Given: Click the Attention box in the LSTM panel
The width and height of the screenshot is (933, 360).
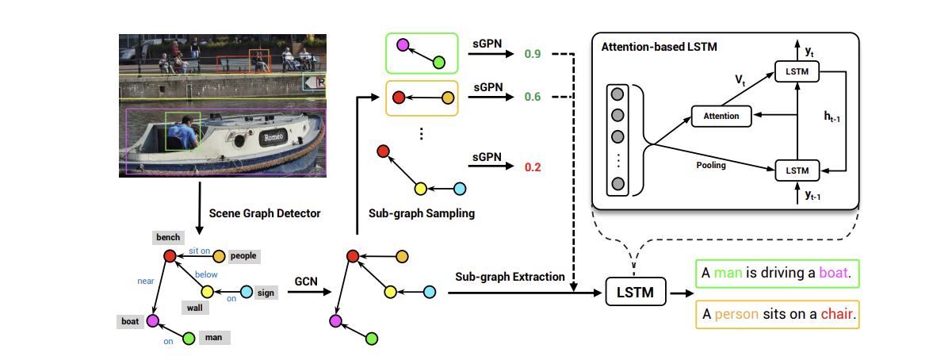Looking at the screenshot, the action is [721, 116].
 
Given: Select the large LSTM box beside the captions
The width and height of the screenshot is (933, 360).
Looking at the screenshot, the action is [636, 292].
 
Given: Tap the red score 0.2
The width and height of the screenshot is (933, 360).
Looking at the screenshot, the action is [533, 167].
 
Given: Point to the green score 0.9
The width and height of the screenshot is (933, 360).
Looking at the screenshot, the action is [533, 55].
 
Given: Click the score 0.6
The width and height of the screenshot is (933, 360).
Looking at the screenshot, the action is [533, 97].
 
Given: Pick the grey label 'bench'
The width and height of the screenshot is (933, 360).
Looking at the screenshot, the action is [168, 237].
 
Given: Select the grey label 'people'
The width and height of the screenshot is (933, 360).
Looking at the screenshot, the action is [243, 256].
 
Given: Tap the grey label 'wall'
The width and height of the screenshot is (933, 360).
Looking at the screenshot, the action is [194, 308].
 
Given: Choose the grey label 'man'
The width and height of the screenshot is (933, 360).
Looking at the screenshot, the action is [213, 338].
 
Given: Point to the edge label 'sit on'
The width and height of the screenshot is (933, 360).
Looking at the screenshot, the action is [199, 251].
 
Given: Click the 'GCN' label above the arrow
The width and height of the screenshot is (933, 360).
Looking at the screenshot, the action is [307, 280].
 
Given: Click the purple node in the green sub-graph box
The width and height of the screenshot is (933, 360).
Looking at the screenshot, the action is [403, 44].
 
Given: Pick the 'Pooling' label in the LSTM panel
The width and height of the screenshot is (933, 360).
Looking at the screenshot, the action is [710, 166].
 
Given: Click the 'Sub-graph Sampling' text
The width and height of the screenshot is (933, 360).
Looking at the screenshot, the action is [422, 213].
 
